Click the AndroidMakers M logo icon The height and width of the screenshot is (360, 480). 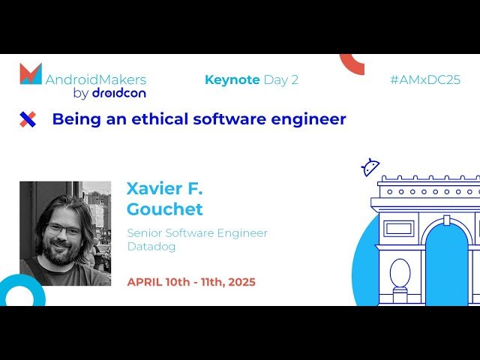point(31,73)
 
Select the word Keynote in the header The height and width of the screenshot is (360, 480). point(232,79)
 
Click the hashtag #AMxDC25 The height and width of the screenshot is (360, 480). point(424,79)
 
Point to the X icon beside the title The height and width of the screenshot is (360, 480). point(28,118)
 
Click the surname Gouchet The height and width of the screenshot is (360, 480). point(164,208)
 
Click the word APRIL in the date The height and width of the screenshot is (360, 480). point(145,282)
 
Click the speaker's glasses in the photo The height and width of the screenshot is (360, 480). point(63,229)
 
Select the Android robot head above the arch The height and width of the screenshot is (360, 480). point(370,167)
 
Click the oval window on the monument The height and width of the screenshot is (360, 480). point(400,273)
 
